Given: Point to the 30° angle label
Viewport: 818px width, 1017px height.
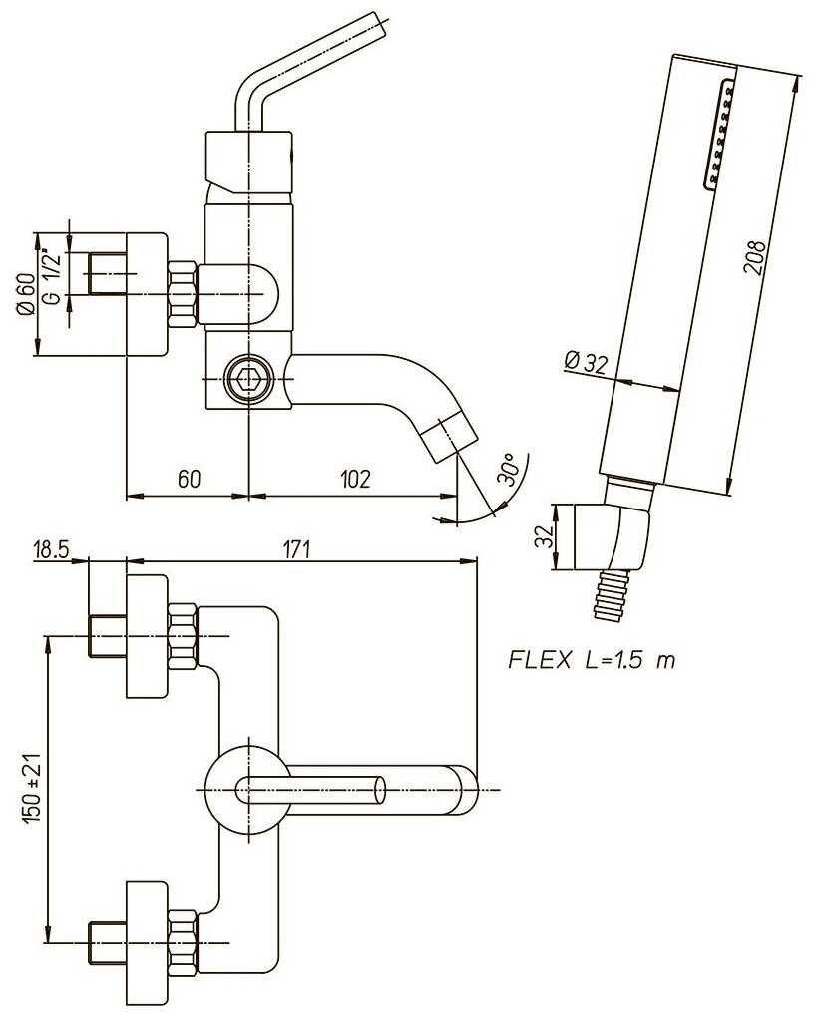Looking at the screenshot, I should click(510, 469).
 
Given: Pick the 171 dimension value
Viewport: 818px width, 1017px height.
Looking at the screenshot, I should click(297, 549).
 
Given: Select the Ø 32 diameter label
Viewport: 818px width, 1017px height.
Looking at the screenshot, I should click(586, 361).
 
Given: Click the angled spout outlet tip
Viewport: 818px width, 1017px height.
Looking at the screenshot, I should click(448, 436).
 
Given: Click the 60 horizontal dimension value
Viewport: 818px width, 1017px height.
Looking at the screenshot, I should click(188, 479).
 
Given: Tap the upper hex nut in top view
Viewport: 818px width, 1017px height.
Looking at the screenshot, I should click(182, 635).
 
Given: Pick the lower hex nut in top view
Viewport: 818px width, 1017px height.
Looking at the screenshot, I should click(182, 941).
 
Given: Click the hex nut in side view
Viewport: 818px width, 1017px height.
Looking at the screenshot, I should click(182, 294).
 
